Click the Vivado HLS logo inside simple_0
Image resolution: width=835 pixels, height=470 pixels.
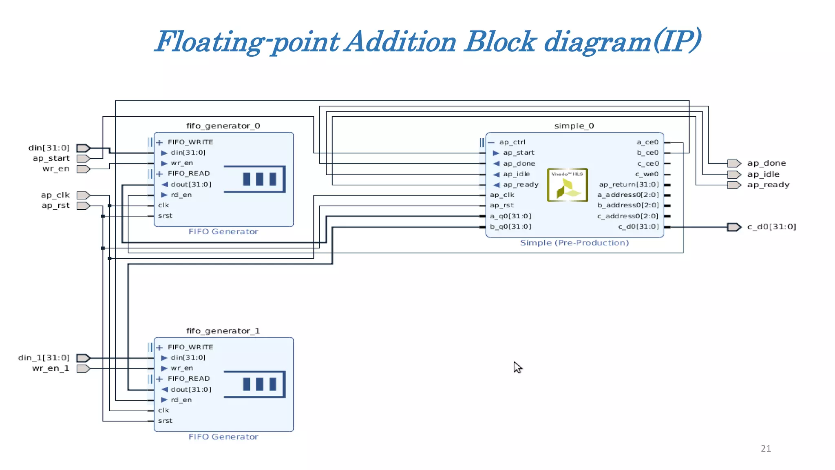point(567,185)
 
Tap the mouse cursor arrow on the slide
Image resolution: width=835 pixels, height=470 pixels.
point(517,367)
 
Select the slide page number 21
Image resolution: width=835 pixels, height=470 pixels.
point(766,448)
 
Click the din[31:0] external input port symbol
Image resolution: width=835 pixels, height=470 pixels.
point(83,148)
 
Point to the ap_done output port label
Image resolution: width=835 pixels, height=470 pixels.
point(767,163)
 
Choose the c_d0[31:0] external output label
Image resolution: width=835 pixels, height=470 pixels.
point(771,227)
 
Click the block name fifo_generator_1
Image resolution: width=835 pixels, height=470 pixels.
point(223,331)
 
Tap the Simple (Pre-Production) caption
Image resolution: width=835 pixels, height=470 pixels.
point(574,243)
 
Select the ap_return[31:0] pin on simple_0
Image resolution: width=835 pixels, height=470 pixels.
point(629,184)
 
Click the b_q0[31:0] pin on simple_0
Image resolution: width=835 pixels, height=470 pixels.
point(510,226)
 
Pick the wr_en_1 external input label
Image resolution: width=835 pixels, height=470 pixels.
point(51,368)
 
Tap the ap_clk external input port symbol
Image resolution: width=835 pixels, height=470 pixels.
point(83,195)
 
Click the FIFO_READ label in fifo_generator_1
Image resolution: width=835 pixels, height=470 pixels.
point(189,379)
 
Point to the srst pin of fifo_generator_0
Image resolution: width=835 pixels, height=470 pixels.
point(165,215)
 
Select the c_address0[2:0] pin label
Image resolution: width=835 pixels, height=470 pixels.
point(628,216)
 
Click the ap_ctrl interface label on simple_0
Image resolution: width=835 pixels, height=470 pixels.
point(512,142)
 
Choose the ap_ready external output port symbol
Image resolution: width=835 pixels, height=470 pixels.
point(734,185)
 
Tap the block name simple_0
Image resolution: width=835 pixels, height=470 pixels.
point(574,126)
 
